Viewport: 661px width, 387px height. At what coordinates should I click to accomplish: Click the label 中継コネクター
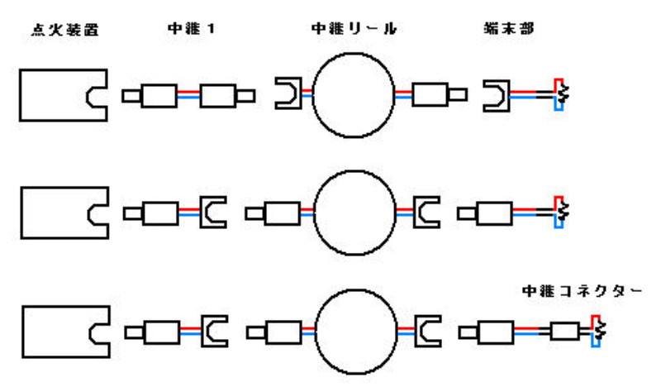pyautogui.click(x=583, y=292)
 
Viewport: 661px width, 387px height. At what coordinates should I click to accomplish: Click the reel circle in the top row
pyautogui.click(x=353, y=96)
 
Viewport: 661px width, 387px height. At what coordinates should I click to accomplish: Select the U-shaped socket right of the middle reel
pyautogui.click(x=425, y=213)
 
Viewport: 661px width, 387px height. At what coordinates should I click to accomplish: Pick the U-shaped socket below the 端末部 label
pyautogui.click(x=494, y=95)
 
